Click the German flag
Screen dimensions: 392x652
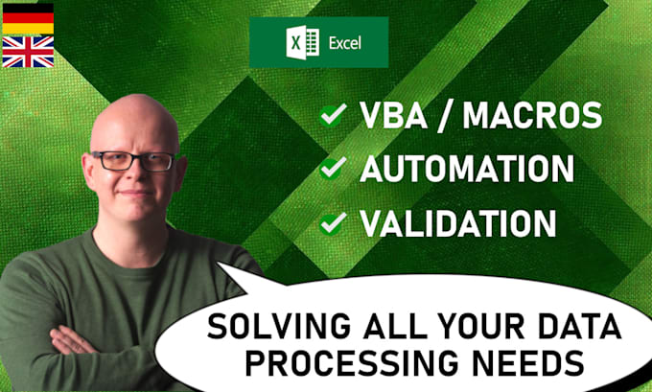click(x=28, y=19)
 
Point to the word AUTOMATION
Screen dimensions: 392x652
click(x=466, y=170)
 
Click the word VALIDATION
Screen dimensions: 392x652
click(x=457, y=223)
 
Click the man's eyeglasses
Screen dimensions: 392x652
click(x=132, y=161)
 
